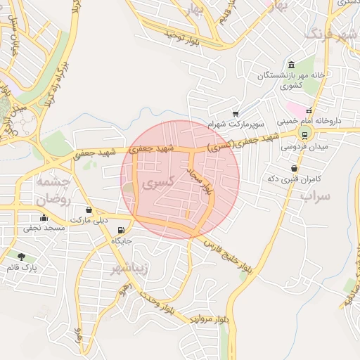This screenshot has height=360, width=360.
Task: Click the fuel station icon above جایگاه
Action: click(122, 230)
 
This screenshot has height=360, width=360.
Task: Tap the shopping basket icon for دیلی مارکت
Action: click(89, 210)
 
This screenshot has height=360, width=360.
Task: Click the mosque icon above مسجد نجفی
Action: click(44, 217)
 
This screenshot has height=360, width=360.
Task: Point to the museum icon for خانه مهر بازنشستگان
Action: click(291, 65)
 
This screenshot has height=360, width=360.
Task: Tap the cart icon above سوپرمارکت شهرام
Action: click(236, 113)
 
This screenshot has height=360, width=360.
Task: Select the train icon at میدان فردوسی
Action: click(304, 135)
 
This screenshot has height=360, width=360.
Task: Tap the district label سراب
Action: click(315, 195)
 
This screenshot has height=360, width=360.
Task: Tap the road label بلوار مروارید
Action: click(209, 319)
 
